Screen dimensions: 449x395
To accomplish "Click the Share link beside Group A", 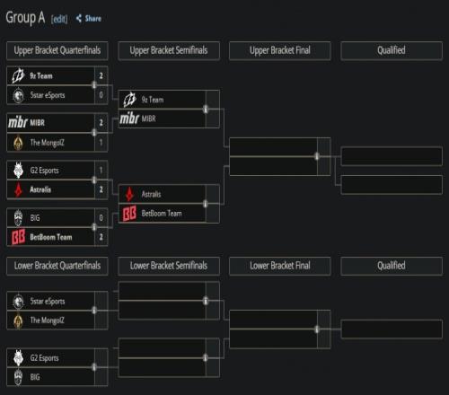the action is (x=89, y=19).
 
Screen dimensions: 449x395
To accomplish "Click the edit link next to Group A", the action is (x=59, y=19).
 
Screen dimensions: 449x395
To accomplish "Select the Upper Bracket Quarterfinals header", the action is (x=57, y=50).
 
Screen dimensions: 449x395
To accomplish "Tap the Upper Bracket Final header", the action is (x=280, y=50).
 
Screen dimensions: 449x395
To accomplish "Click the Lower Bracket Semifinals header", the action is (x=169, y=266).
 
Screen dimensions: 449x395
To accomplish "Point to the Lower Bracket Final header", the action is (x=280, y=266).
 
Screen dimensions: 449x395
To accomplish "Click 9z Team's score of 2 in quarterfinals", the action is (x=101, y=75).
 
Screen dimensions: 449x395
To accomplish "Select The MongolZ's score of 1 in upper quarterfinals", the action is (x=101, y=143).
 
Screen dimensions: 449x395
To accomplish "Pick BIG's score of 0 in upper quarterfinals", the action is (x=101, y=218).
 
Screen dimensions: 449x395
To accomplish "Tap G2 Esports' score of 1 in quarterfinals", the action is (x=101, y=171).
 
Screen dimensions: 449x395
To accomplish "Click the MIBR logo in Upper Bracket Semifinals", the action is (x=129, y=118).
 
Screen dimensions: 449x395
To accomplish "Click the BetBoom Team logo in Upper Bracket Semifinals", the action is (x=129, y=213).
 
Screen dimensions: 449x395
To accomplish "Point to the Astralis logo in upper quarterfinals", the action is (x=19, y=189).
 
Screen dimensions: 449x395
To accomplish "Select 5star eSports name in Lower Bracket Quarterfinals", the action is (x=48, y=302).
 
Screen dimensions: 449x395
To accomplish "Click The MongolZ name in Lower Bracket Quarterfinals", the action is (x=47, y=320).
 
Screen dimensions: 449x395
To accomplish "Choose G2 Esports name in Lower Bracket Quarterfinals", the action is (x=44, y=358).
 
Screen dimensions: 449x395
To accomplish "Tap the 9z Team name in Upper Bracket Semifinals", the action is (x=153, y=100).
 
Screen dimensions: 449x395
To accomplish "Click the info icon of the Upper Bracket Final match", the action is (x=317, y=156).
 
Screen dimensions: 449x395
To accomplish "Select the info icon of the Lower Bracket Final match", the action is (x=317, y=329).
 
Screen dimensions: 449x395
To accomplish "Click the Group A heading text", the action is (x=25, y=18).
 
